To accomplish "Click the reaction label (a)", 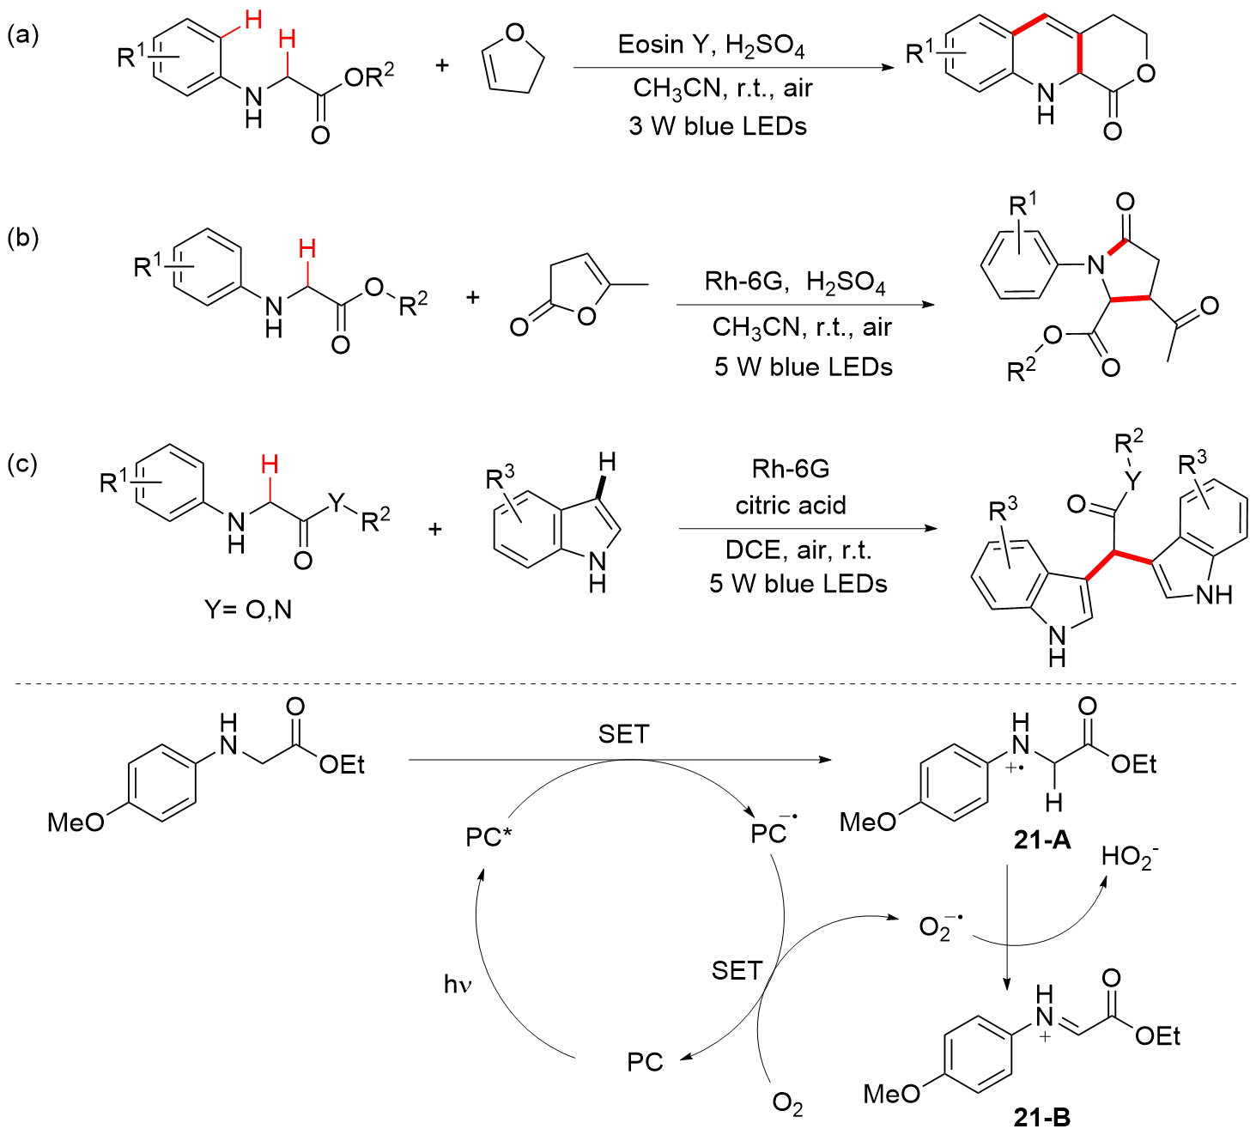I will point(23,35).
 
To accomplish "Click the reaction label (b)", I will point(23,237).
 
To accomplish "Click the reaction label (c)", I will point(23,464).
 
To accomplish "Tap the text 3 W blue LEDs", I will point(717,126).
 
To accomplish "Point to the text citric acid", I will point(790,505).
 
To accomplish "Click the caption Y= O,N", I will point(248,610).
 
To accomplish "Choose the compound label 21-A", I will point(1041,840).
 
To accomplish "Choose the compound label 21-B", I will point(1041,1117).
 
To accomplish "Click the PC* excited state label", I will point(488,837).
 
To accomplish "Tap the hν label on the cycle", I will point(458,984).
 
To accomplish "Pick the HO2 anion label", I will point(1130,856).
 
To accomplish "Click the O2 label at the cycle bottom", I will point(787,1103).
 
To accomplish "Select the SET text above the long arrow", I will point(623,735).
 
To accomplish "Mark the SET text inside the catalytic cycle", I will point(737,971).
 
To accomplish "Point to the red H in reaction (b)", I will point(306,249).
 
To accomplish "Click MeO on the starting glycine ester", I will point(76,822).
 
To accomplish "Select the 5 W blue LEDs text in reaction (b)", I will point(803,367).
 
